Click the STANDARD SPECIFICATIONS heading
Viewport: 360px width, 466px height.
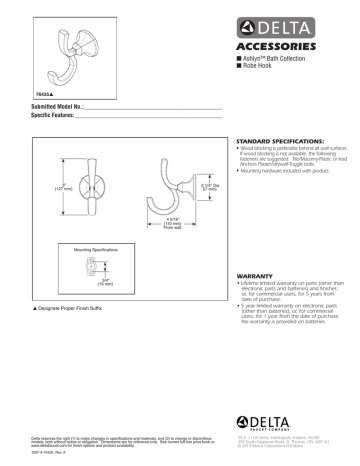pyautogui.click(x=276, y=143)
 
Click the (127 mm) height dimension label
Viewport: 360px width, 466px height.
pyautogui.click(x=64, y=188)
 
